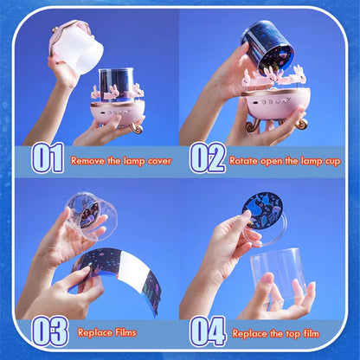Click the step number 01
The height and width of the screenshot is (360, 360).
pos(48,159)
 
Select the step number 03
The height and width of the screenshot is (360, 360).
pos(48,331)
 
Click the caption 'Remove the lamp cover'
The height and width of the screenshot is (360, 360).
pos(121,161)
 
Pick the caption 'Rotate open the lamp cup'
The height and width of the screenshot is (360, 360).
pos(287,161)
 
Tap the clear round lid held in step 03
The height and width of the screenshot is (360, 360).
pos(88,216)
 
